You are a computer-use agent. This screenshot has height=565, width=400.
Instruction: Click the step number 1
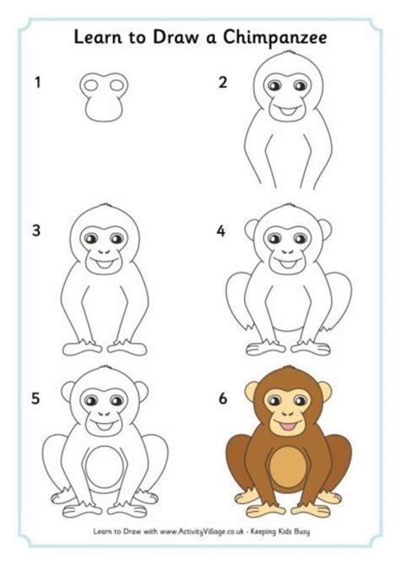coord(37,83)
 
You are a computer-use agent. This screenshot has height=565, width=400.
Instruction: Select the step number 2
coord(223,83)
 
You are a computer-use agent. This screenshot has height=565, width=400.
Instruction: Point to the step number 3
coord(37,230)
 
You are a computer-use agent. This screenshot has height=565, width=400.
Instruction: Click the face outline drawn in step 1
coord(104,95)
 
